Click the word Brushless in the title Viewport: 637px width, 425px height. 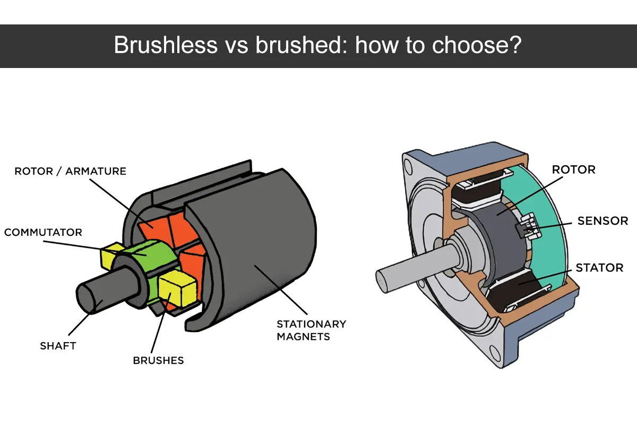[x=166, y=45]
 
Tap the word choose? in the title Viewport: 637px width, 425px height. [x=477, y=45]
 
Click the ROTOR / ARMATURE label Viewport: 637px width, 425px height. [x=70, y=171]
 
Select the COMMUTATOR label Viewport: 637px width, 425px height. [x=43, y=232]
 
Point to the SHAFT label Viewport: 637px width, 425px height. [x=58, y=346]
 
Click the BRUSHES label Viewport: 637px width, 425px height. [x=158, y=360]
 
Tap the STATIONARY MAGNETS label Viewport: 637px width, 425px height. [x=312, y=330]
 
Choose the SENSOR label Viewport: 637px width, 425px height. [x=602, y=220]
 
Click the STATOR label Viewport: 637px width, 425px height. [x=599, y=268]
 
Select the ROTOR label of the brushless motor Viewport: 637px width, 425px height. [x=574, y=169]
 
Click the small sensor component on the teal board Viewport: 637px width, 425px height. [x=528, y=226]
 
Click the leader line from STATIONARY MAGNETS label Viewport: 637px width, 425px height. [x=281, y=290]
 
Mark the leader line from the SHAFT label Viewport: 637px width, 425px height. [x=85, y=318]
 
